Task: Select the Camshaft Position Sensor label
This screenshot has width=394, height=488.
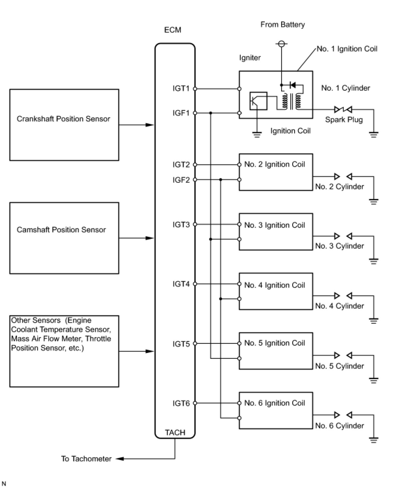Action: coord(61,230)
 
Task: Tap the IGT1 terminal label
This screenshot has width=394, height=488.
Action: coord(181,88)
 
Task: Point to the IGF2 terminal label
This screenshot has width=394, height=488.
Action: coord(181,180)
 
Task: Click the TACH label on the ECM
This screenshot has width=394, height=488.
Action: coord(175,433)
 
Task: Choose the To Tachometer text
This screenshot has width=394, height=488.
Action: coord(86,459)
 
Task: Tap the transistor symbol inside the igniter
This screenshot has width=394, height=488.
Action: coord(258,101)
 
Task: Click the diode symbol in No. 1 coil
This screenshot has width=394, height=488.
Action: coord(293,85)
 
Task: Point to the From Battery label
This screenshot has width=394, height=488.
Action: coord(282,24)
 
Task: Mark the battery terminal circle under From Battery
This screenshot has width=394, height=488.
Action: coord(281,44)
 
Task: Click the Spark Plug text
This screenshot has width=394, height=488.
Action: coord(344,120)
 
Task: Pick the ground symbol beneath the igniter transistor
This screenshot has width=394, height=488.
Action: coord(257,134)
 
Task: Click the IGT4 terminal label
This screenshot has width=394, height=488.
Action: coord(181,284)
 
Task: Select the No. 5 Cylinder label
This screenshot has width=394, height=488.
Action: coord(340,366)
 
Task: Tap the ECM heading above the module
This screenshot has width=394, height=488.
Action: coord(173,30)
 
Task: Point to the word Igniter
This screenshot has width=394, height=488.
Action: coord(250,58)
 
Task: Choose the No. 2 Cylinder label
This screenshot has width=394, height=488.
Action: coord(340,187)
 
